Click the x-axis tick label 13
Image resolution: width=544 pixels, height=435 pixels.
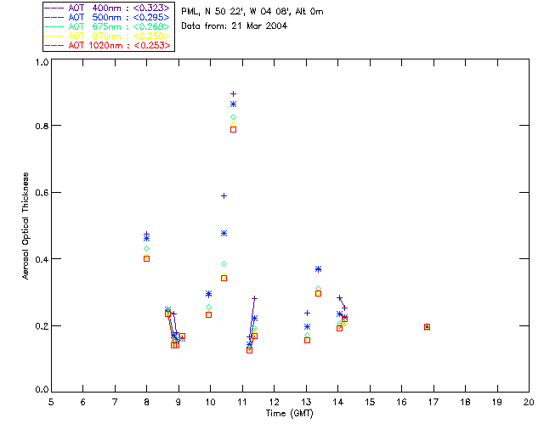click(306, 401)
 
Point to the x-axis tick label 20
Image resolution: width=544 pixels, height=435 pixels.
click(529, 401)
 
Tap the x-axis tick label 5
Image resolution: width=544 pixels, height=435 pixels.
click(51, 401)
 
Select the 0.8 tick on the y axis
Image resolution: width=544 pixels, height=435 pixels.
click(39, 126)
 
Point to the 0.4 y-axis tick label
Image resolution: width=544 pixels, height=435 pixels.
click(39, 259)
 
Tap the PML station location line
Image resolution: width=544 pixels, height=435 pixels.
click(252, 12)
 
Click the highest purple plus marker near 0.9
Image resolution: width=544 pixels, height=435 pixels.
click(233, 93)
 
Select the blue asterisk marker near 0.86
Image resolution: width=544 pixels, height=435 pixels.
click(233, 105)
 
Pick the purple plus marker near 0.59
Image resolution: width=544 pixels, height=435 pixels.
click(224, 195)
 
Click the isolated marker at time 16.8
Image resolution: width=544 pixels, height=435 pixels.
click(427, 327)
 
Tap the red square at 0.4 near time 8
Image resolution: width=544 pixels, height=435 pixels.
click(146, 258)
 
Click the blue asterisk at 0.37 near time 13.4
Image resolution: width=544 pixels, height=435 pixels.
click(318, 269)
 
